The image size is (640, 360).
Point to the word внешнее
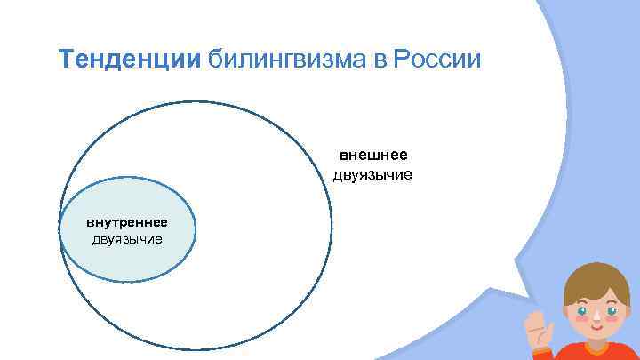pos(373,156)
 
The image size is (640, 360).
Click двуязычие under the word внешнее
pos(373,174)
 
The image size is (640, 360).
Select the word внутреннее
pos(127,221)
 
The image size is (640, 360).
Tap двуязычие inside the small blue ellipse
pos(127,238)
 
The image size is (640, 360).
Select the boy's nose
pos(598,323)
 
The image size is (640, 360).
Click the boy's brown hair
pos(597,280)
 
